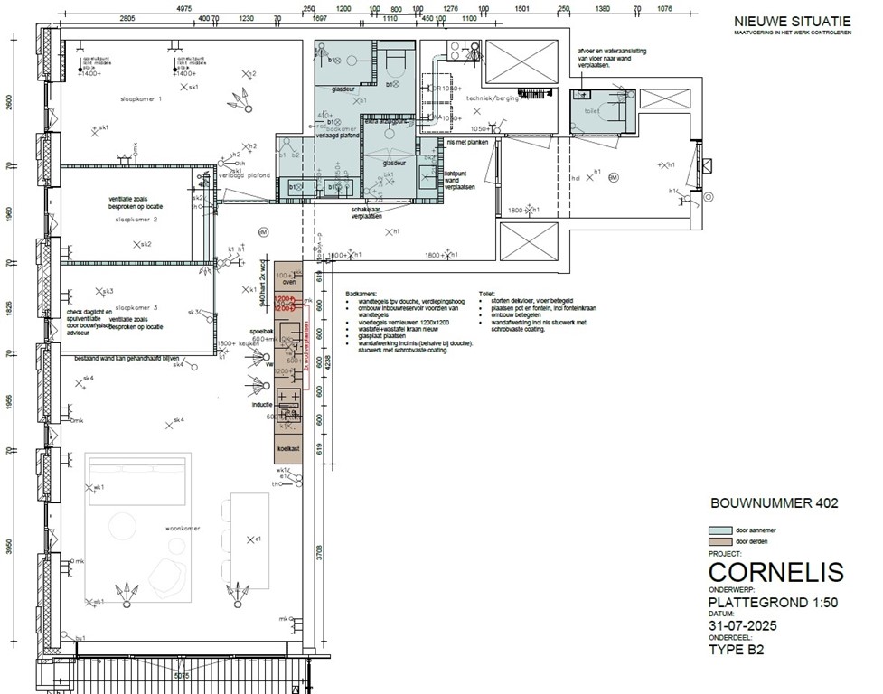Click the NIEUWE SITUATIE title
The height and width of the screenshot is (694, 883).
(x=791, y=20)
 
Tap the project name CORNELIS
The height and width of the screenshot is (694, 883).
(x=775, y=572)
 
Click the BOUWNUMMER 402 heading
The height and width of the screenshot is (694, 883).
(x=775, y=503)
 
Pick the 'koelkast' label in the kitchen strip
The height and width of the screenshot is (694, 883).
(x=289, y=448)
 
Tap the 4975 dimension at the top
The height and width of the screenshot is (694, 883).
(x=183, y=6)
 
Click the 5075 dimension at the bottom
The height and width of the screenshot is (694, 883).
(x=181, y=675)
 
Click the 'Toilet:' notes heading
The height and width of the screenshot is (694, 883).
(x=488, y=294)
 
